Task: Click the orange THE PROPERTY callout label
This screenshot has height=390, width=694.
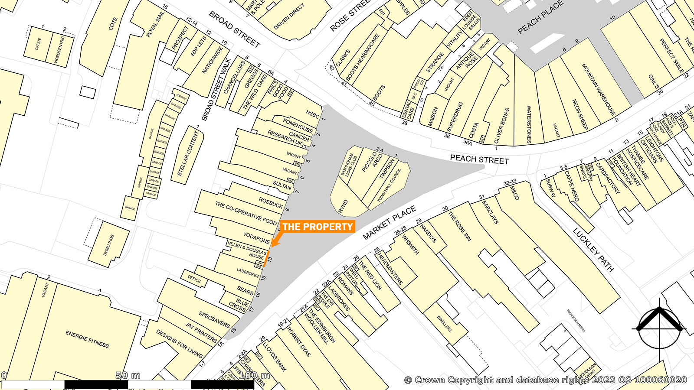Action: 318,227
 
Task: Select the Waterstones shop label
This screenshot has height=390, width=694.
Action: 529,124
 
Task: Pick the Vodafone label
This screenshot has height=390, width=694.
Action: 256,237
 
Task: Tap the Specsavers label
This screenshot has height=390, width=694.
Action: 214,319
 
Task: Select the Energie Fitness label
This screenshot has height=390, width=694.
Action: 87,339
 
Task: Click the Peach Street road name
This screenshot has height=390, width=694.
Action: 479,159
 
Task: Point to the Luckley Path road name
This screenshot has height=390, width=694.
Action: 593,250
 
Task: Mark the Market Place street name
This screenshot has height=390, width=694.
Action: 390,223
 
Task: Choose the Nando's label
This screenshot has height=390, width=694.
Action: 428,234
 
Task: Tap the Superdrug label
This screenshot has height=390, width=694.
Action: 455,117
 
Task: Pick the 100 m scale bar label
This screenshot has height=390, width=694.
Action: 254,375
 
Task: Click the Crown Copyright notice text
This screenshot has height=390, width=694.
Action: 546,380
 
